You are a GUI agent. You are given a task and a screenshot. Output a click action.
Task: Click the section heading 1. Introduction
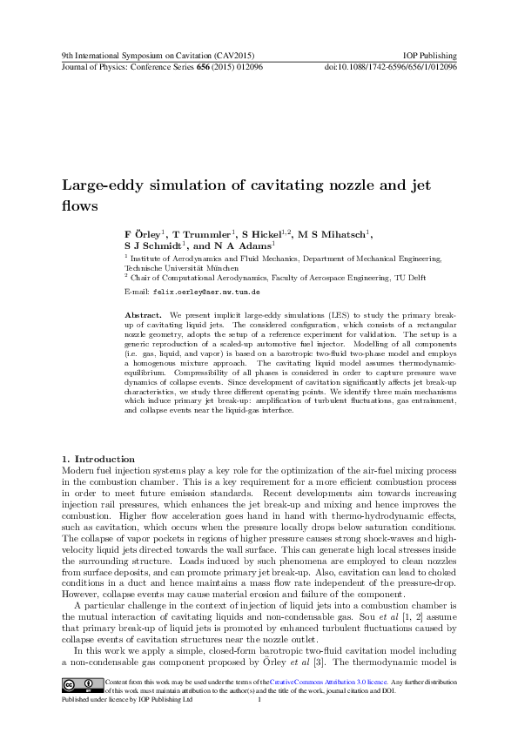[x=98, y=459]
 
